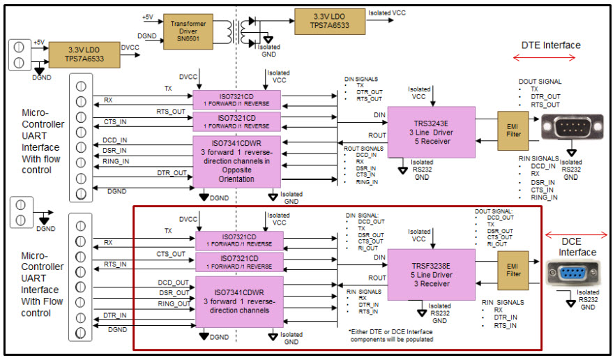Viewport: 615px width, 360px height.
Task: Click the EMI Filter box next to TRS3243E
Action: click(513, 130)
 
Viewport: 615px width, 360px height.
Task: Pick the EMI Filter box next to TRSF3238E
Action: click(513, 269)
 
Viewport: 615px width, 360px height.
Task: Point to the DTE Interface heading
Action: click(550, 45)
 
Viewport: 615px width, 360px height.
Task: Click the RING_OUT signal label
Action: click(174, 303)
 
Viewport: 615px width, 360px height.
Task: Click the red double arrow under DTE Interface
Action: click(552, 59)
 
